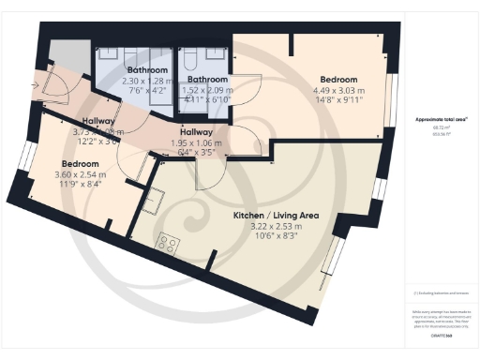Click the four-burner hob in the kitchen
(170, 243)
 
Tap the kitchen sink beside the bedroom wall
(153, 200)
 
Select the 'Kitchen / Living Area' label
(276, 215)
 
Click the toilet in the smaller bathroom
(191, 59)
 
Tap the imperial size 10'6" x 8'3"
(276, 236)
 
